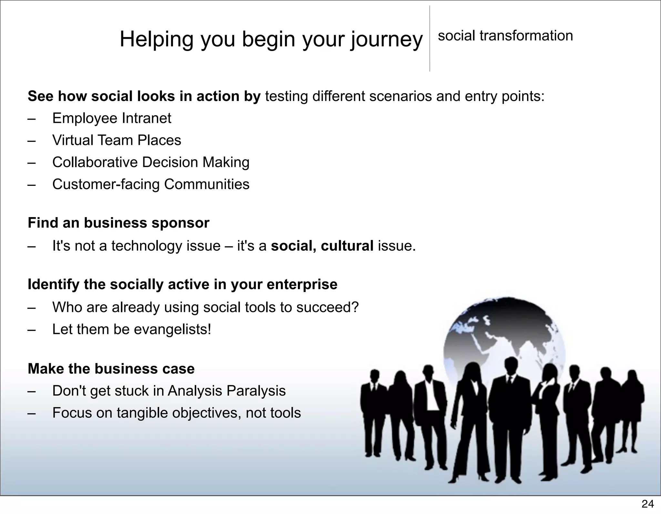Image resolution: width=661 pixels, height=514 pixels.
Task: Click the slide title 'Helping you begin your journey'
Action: [x=271, y=39]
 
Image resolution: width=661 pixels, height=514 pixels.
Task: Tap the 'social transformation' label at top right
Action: [x=505, y=35]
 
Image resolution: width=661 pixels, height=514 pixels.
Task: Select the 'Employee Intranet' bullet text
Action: [x=112, y=118]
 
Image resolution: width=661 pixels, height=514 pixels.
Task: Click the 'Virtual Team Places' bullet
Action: [x=117, y=140]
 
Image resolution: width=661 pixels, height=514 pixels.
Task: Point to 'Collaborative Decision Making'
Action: [x=151, y=162]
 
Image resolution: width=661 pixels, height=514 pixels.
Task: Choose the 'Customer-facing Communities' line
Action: [x=151, y=185]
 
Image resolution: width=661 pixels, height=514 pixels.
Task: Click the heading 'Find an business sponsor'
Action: [x=118, y=223]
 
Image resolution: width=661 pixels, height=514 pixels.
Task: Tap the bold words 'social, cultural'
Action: [x=322, y=246]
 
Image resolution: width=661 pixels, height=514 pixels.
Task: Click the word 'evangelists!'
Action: [x=172, y=329]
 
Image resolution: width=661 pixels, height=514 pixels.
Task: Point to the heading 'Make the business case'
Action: [x=111, y=369]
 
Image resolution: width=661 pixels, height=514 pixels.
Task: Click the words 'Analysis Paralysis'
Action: [x=227, y=391]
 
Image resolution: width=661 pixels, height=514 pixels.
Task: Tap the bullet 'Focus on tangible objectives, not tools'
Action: [x=176, y=413]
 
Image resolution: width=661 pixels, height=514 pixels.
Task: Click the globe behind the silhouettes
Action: [x=503, y=332]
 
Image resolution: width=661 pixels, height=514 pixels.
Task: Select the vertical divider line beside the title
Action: [x=430, y=39]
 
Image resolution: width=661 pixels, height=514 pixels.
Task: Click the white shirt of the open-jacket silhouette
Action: [x=431, y=397]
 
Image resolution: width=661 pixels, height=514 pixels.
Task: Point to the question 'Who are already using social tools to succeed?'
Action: [x=205, y=307]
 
